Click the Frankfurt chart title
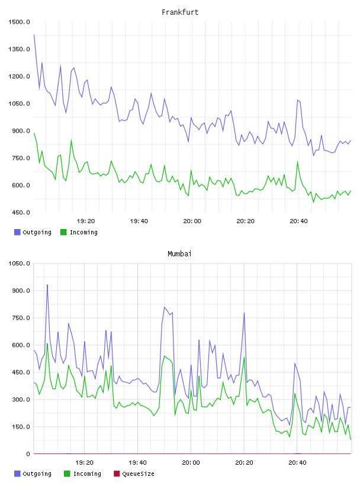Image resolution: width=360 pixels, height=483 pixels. (x=180, y=12)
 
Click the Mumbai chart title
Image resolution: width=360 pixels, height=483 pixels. (x=179, y=253)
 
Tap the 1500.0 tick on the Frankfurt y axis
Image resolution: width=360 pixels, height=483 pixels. (x=19, y=22)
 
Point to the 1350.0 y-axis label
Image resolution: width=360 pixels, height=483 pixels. (x=19, y=49)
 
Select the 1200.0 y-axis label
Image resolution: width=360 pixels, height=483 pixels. (x=19, y=76)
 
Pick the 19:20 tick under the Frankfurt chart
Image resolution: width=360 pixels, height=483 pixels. (x=86, y=221)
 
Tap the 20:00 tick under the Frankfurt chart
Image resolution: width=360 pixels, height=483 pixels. (x=192, y=221)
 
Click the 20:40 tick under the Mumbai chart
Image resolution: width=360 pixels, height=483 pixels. (x=297, y=462)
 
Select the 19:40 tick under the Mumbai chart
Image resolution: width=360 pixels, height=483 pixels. (x=137, y=462)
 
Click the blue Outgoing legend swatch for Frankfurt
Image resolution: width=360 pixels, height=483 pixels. (x=17, y=232)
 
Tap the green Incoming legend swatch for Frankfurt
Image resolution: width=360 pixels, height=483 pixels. (x=63, y=232)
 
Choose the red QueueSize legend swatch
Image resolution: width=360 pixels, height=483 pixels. (x=117, y=474)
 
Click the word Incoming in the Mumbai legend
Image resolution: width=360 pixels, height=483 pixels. (x=87, y=474)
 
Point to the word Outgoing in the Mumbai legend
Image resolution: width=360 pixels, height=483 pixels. (x=37, y=474)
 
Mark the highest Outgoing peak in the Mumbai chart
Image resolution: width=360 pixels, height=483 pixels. (x=47, y=285)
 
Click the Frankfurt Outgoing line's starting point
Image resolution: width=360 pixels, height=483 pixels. (x=34, y=35)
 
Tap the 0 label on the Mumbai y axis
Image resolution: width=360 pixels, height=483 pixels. (x=28, y=454)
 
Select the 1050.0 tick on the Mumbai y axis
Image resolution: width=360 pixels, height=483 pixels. (x=19, y=263)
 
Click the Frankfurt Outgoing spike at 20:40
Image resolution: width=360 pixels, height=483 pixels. (x=298, y=100)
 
